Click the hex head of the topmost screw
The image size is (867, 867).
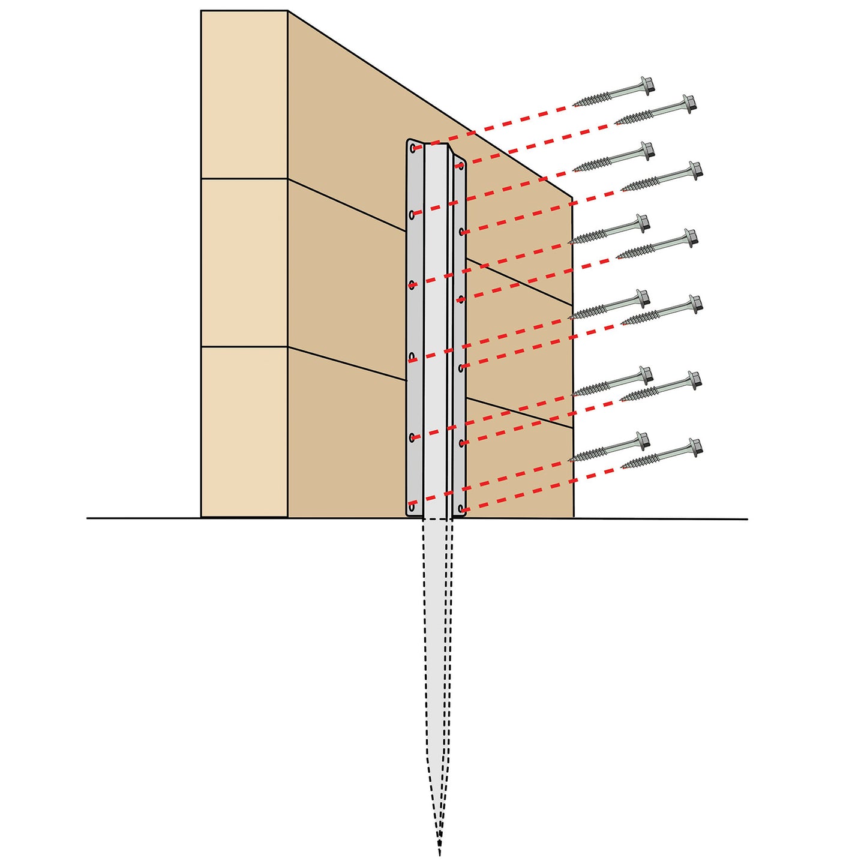coord(647,85)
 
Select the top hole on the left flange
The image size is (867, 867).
coord(412,148)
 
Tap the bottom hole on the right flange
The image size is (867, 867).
coord(461,509)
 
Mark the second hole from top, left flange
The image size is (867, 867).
coord(412,214)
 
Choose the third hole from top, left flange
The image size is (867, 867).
coord(412,284)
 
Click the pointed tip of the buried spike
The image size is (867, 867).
coord(440,852)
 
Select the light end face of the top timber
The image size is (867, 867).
coord(244,94)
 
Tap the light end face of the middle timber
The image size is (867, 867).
coord(244,262)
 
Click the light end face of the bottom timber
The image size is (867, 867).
coord(244,432)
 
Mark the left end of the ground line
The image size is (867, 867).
coord(88,518)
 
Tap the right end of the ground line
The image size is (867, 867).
coord(746,519)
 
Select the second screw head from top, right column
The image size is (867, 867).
coord(695,170)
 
